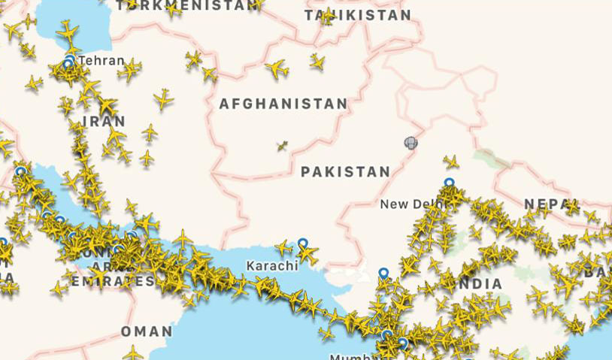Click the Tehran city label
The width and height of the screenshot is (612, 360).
(101, 60)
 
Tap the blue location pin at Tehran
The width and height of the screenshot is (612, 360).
(70, 59)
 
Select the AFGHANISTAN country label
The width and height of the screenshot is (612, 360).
(283, 104)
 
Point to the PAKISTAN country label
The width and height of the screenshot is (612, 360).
(345, 172)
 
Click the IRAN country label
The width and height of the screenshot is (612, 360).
(104, 121)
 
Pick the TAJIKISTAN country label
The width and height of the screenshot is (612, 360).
(358, 15)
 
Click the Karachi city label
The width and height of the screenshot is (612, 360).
(273, 265)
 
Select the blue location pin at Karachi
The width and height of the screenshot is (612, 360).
(302, 244)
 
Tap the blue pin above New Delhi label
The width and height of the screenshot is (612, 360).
(449, 183)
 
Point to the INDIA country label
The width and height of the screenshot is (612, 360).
(478, 284)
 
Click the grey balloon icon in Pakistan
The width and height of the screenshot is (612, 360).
(410, 142)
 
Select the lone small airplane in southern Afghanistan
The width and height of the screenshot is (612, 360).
(282, 146)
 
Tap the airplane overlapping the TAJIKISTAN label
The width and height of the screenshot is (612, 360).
(328, 17)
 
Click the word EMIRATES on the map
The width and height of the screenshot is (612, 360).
(114, 281)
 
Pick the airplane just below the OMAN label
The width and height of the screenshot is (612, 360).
(133, 352)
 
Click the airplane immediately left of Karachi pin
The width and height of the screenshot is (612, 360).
(284, 247)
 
